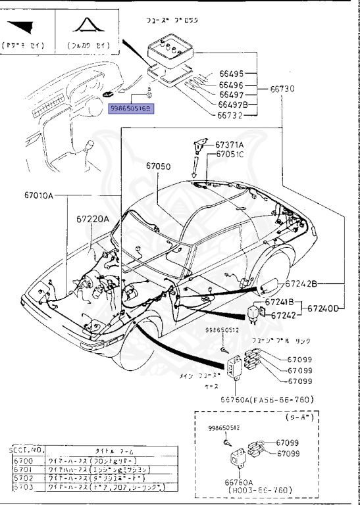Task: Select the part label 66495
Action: (231, 74)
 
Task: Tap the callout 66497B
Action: (233, 105)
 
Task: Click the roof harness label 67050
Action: (159, 167)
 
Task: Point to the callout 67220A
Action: (92, 220)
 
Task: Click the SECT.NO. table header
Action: (27, 450)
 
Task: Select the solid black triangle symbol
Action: (24, 28)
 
